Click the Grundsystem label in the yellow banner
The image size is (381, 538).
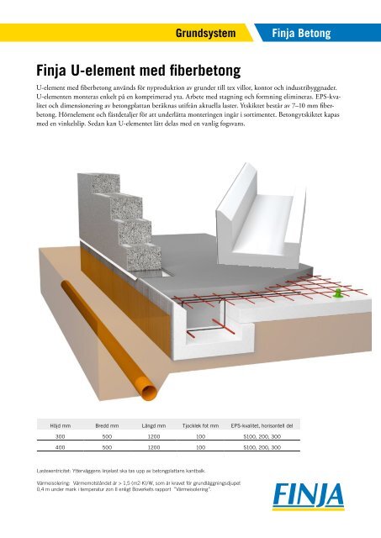pyautogui.click(x=205, y=34)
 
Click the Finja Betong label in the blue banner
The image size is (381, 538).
pyautogui.click(x=301, y=34)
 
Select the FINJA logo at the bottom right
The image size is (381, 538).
pyautogui.click(x=308, y=496)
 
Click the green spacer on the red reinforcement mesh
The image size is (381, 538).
pyautogui.click(x=338, y=293)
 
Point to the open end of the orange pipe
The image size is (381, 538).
pyautogui.click(x=150, y=392)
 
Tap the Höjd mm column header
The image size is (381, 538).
pyautogui.click(x=60, y=426)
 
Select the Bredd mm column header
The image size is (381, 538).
pyautogui.click(x=107, y=426)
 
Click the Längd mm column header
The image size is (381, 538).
pyautogui.click(x=154, y=426)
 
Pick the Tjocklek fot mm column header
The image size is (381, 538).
pyautogui.click(x=200, y=426)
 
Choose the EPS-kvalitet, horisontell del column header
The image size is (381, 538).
pyautogui.click(x=262, y=426)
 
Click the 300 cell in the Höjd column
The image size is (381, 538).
pyautogui.click(x=60, y=436)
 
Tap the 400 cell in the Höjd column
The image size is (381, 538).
pyautogui.click(x=60, y=447)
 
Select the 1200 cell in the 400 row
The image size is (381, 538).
pyautogui.click(x=154, y=447)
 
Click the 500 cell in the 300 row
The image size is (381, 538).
pyautogui.click(x=107, y=436)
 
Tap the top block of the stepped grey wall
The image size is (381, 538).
pyautogui.click(x=99, y=183)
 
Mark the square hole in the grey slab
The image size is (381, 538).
pyautogui.click(x=166, y=272)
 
